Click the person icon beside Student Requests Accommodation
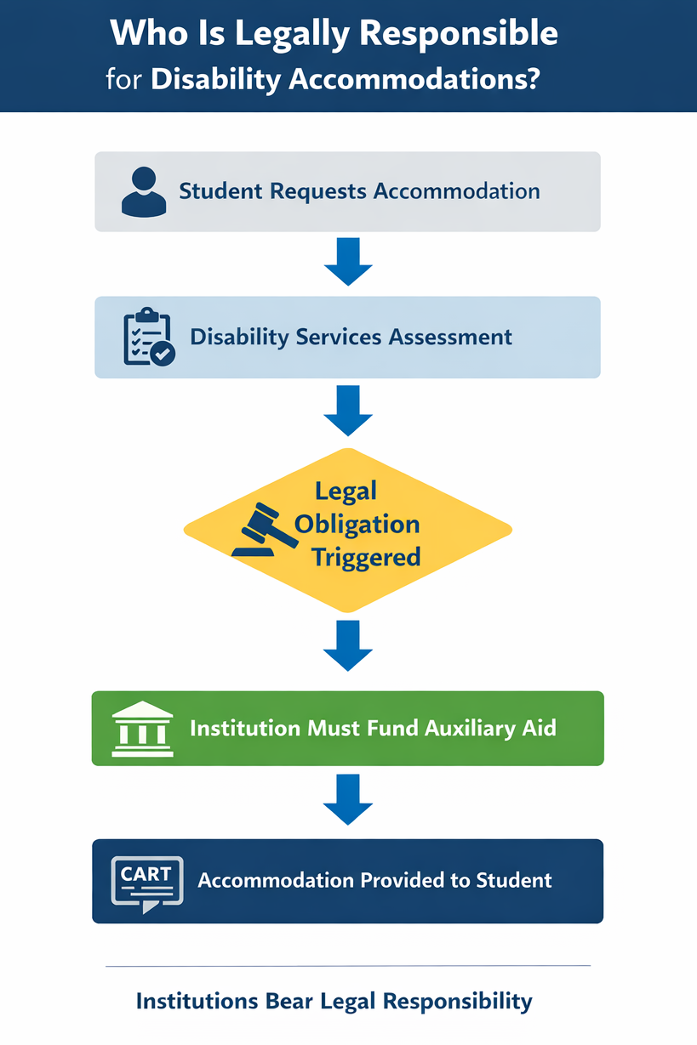point(144,190)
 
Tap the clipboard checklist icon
point(149,338)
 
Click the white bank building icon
point(142,729)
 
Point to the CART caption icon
point(146,883)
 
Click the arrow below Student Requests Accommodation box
point(348,263)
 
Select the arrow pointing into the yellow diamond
point(348,411)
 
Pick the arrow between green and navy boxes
point(348,800)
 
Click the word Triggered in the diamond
point(366,557)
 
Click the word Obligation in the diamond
point(357,524)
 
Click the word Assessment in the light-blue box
point(451,337)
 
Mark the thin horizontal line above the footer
point(348,966)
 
